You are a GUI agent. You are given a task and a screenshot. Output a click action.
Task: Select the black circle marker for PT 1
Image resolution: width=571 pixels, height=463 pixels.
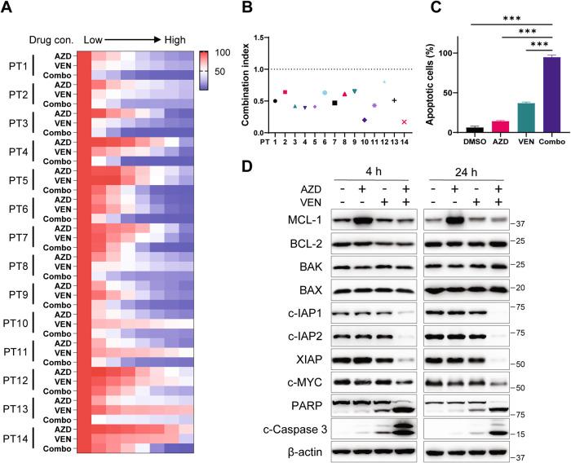click(275, 101)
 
